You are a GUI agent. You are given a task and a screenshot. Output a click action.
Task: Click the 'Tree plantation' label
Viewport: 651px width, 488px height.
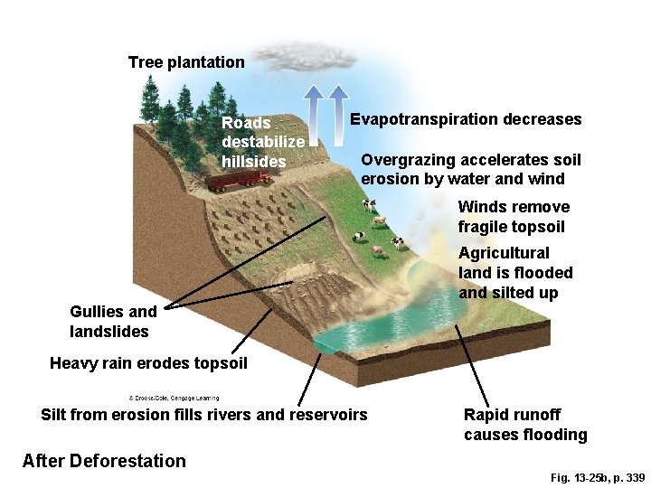pos(186,62)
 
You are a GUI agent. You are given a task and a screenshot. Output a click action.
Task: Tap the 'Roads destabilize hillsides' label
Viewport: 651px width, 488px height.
pos(262,142)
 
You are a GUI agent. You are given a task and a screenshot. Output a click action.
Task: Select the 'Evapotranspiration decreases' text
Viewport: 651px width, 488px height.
pos(466,119)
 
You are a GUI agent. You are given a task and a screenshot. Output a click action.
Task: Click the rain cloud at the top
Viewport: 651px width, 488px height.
pos(307,56)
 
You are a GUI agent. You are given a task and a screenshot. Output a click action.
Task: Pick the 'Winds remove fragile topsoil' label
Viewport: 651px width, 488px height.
pos(514,217)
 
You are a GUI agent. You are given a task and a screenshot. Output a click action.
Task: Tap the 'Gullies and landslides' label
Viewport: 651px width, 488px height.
pos(113,321)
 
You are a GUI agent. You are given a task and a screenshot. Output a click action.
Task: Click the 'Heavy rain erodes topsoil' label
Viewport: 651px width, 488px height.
pos(148,363)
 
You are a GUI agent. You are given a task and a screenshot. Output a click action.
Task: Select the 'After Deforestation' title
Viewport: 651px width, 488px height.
pos(104,461)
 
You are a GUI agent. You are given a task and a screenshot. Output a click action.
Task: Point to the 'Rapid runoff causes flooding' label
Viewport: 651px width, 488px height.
pos(525,425)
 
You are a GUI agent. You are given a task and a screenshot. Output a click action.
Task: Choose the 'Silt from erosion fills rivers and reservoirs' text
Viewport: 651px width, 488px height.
pos(204,415)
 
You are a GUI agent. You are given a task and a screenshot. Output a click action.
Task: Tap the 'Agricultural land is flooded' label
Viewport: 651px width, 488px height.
pos(515,273)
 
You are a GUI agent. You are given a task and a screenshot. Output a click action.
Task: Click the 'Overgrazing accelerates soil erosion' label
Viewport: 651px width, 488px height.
pos(471,169)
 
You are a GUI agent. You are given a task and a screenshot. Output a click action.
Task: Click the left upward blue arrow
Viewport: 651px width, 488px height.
pos(314,115)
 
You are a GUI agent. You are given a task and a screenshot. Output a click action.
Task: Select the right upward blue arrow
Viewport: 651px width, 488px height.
pos(338,115)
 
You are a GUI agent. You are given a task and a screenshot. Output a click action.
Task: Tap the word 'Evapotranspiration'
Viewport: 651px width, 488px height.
pos(424,119)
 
